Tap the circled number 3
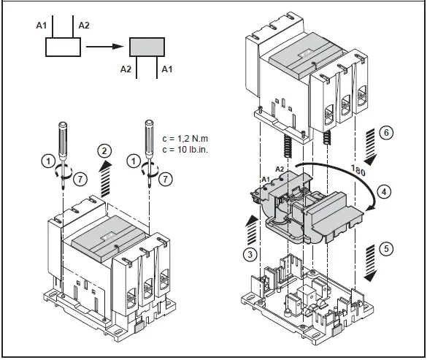point(249,254)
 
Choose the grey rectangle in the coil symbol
point(149,47)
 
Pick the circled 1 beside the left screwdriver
point(47,158)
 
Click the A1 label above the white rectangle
point(42,25)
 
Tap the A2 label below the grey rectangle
point(126,70)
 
